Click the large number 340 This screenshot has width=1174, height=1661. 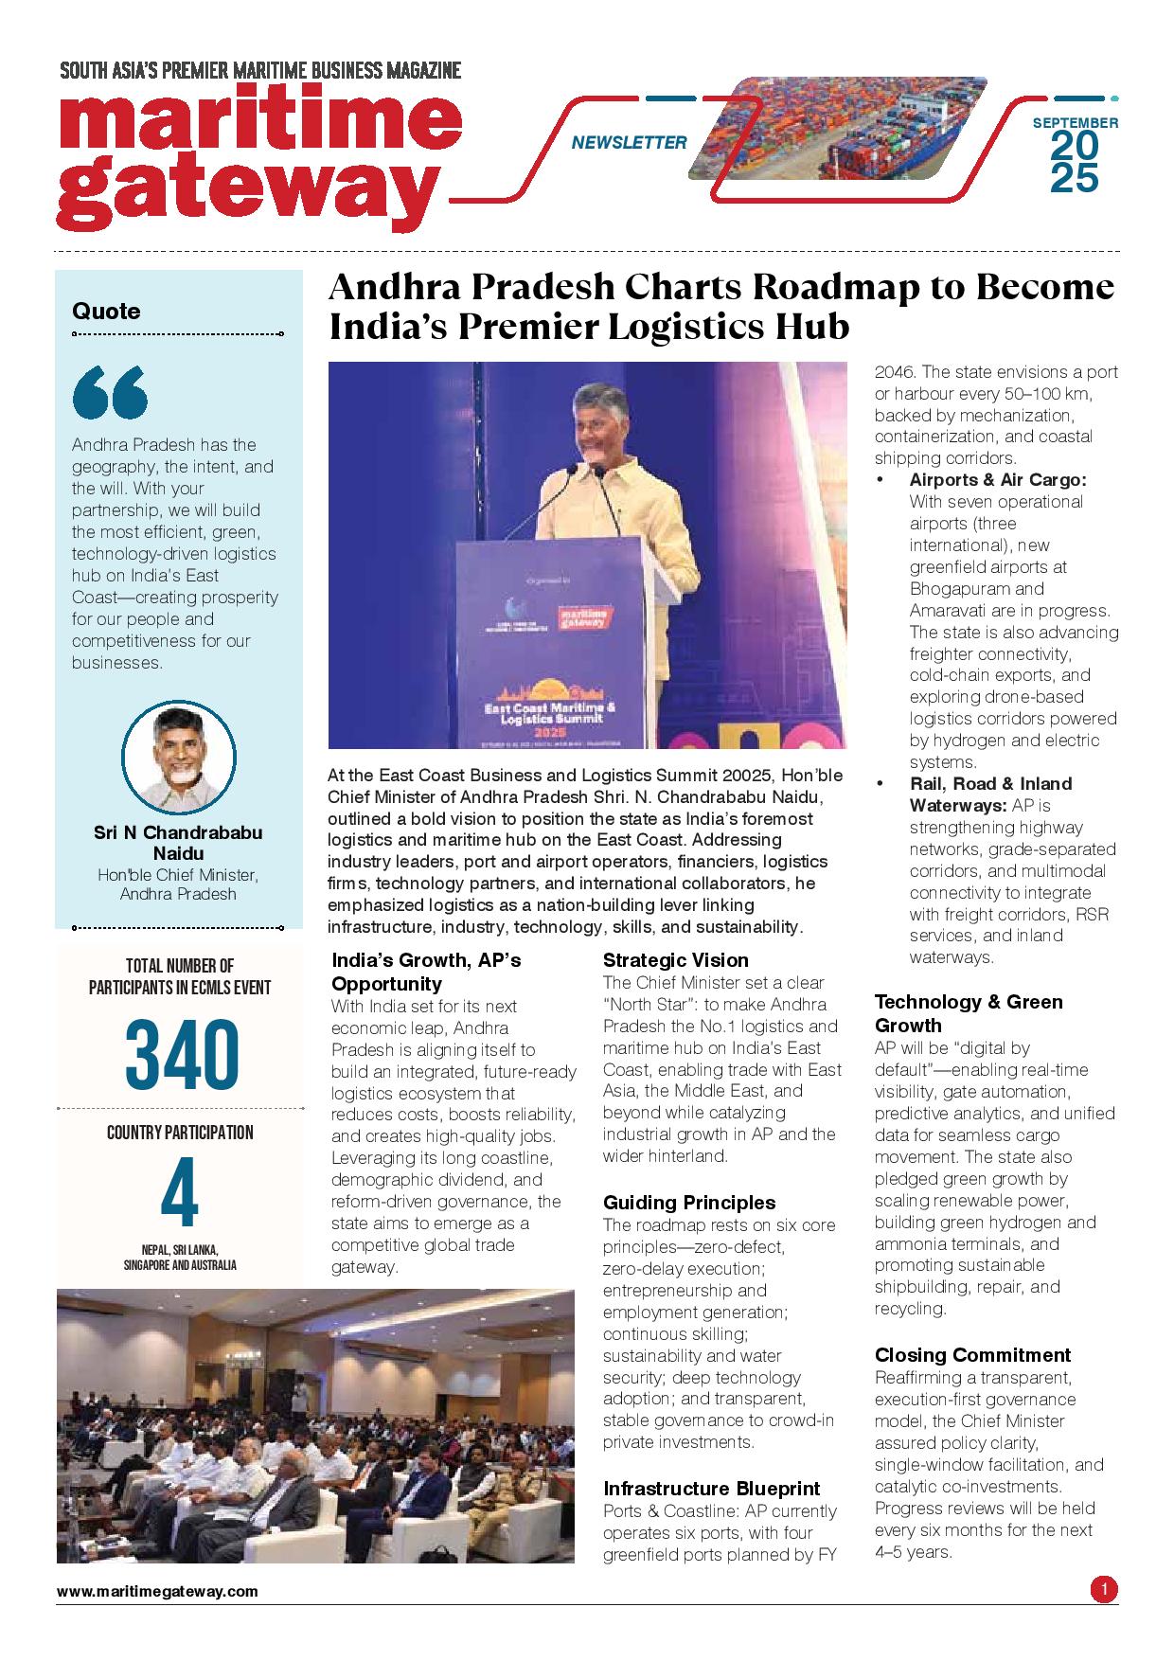pos(179,1053)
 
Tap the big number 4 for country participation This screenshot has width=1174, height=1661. pos(179,1197)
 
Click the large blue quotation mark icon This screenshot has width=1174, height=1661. pos(110,392)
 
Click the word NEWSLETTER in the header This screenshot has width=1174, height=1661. pos(629,143)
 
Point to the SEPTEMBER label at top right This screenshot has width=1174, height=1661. pos(1075,122)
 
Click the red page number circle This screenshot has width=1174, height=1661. pos(1103,1588)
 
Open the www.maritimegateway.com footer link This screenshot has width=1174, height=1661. pos(157,1592)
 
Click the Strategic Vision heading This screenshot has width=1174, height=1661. pos(676,960)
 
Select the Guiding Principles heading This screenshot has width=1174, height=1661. pos(689,1203)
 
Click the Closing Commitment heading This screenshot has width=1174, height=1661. pos(972,1355)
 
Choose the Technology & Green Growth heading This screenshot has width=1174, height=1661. pos(969,1013)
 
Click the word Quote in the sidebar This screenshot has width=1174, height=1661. pos(106,312)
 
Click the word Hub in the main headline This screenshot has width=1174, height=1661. pos(815,327)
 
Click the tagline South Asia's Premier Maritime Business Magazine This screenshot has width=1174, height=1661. pos(260,70)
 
